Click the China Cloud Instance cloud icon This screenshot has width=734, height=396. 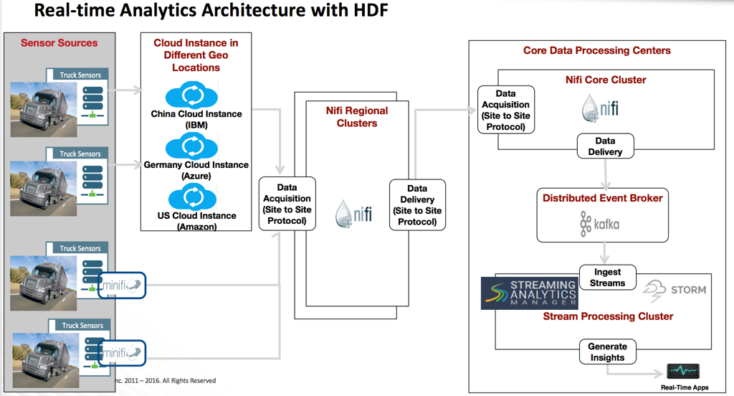click(x=191, y=95)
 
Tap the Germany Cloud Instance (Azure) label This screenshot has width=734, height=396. click(x=196, y=170)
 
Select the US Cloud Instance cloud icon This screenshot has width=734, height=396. click(x=192, y=197)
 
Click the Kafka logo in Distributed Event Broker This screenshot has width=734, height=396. click(x=600, y=224)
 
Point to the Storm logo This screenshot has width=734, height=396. click(x=674, y=291)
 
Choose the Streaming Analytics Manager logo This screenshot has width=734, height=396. click(x=530, y=293)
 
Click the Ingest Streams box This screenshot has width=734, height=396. click(x=608, y=278)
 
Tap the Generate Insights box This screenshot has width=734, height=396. click(x=608, y=352)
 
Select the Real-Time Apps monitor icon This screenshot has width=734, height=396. click(x=683, y=371)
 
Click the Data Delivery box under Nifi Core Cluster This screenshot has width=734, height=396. click(x=605, y=146)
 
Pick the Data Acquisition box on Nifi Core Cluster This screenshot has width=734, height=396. click(x=506, y=110)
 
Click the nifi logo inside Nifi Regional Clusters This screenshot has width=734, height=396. click(x=353, y=214)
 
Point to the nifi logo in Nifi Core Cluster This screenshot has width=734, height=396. click(x=600, y=108)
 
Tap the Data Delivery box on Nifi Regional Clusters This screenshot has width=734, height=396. click(x=418, y=204)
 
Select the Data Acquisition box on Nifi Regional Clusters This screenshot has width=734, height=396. click(x=287, y=204)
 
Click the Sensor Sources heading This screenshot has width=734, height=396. click(x=59, y=42)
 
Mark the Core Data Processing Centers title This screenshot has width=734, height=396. click(x=597, y=50)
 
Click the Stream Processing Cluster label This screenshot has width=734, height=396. click(x=608, y=316)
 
